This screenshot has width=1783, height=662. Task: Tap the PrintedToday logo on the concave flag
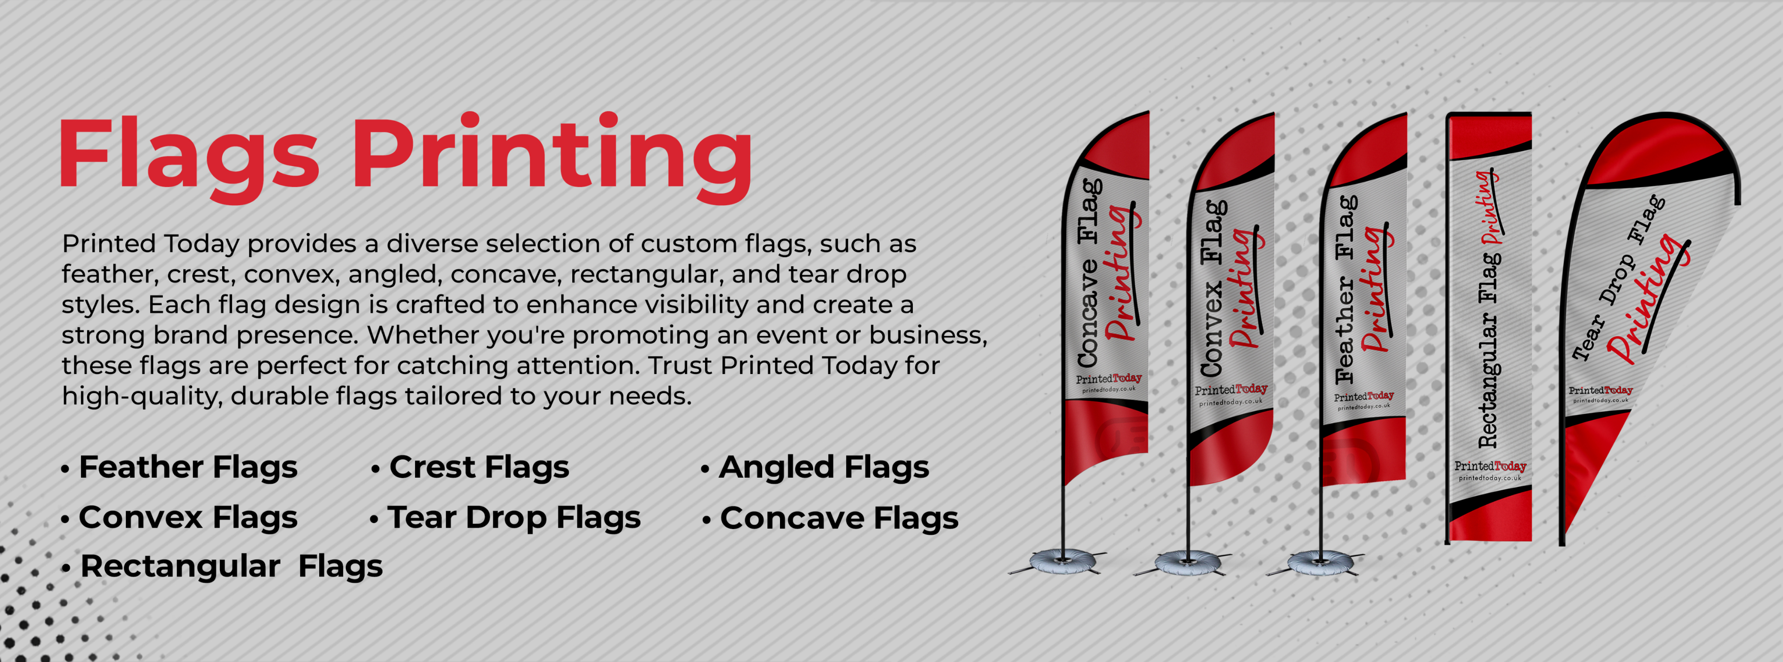[x=1108, y=383]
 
